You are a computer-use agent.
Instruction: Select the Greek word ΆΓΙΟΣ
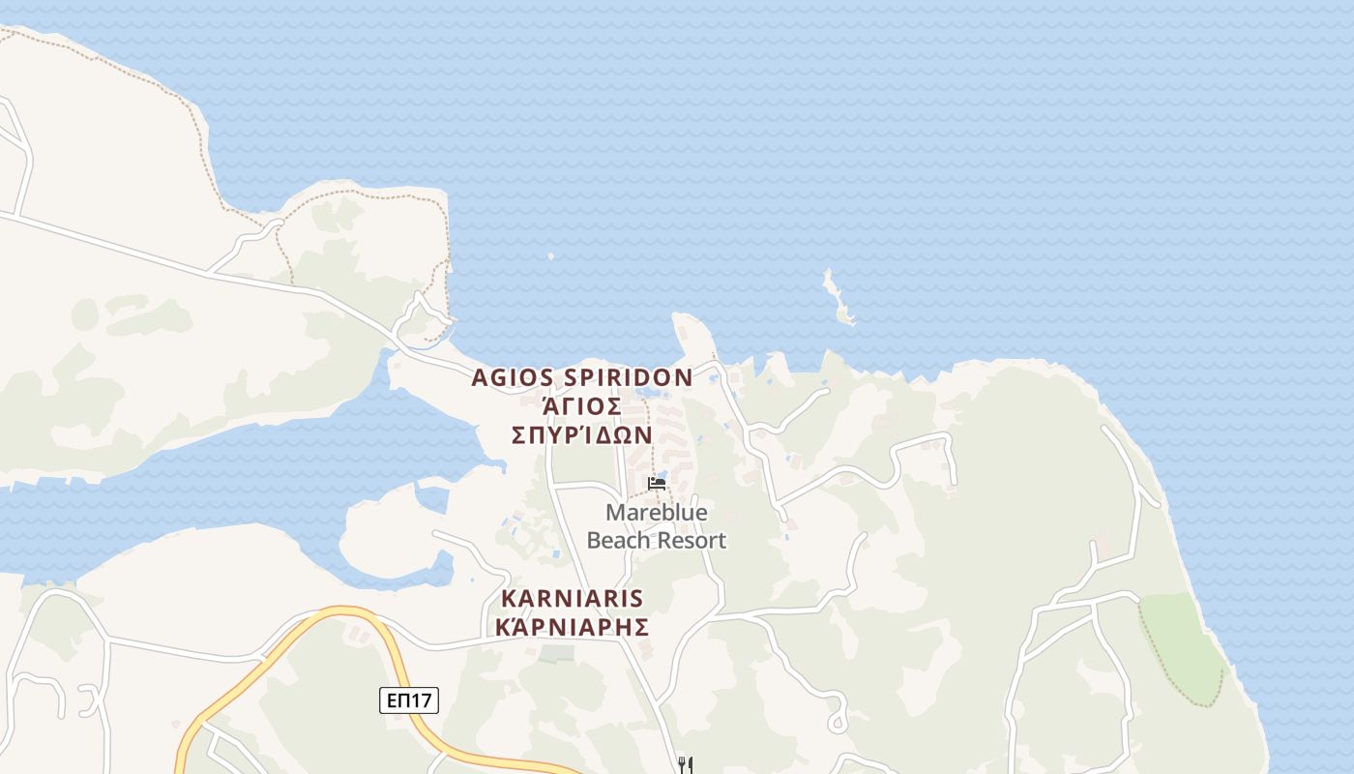(x=581, y=405)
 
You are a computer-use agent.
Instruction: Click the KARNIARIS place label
(x=572, y=598)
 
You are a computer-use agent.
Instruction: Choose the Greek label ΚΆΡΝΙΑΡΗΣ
(x=572, y=626)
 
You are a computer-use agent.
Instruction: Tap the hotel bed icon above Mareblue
(x=657, y=483)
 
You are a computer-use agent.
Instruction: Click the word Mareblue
(x=657, y=512)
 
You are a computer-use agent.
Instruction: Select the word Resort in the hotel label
(x=692, y=540)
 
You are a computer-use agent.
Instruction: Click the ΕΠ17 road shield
(x=408, y=700)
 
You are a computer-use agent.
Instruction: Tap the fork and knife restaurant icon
(x=686, y=765)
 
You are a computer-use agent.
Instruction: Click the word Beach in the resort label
(x=619, y=540)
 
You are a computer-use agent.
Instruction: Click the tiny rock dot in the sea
(x=550, y=256)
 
